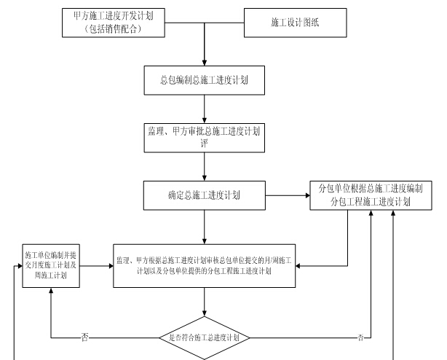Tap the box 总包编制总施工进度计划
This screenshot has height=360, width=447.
(x=204, y=81)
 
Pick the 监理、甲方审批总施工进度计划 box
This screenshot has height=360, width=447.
(x=204, y=136)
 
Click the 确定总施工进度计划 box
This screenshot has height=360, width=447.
(x=204, y=195)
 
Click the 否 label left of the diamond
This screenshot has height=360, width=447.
(x=85, y=337)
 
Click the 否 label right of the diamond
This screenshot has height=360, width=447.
(x=360, y=337)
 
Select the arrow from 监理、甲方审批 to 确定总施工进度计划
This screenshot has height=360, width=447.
(x=204, y=165)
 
